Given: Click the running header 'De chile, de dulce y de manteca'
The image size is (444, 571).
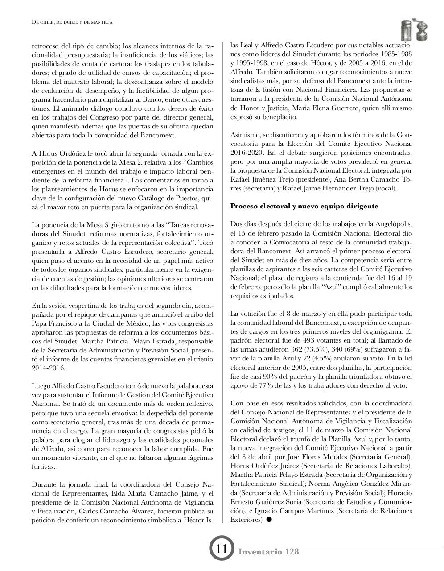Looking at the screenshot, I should coord(72,21).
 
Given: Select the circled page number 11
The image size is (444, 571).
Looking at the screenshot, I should coord(222,549).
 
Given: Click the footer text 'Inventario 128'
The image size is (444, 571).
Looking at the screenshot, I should coord(269,552).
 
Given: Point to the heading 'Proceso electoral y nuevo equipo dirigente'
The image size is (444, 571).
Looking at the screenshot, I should coord(304,206).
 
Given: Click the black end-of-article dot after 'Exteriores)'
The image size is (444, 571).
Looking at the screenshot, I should coord(269,520).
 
